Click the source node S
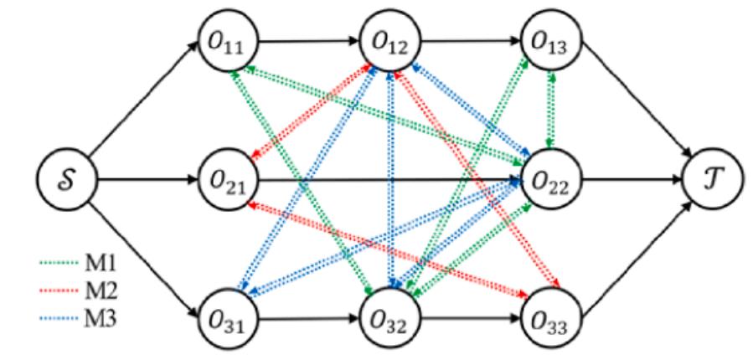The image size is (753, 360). click(64, 179)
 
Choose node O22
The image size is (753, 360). click(549, 179)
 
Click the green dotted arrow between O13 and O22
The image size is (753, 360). click(549, 109)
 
